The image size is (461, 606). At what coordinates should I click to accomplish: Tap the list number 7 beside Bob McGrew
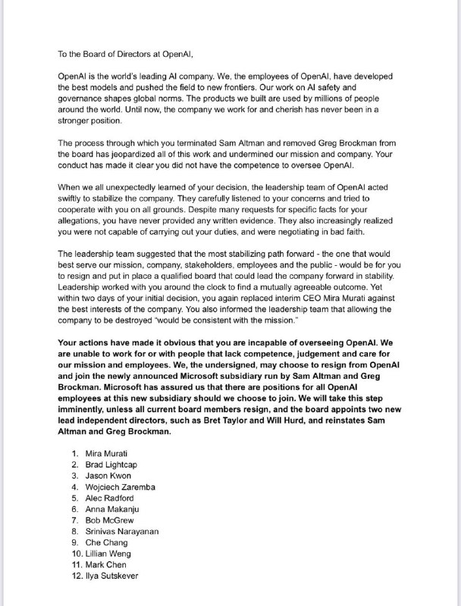pyautogui.click(x=74, y=520)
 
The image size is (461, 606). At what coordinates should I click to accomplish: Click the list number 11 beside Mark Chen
pyautogui.click(x=74, y=564)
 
